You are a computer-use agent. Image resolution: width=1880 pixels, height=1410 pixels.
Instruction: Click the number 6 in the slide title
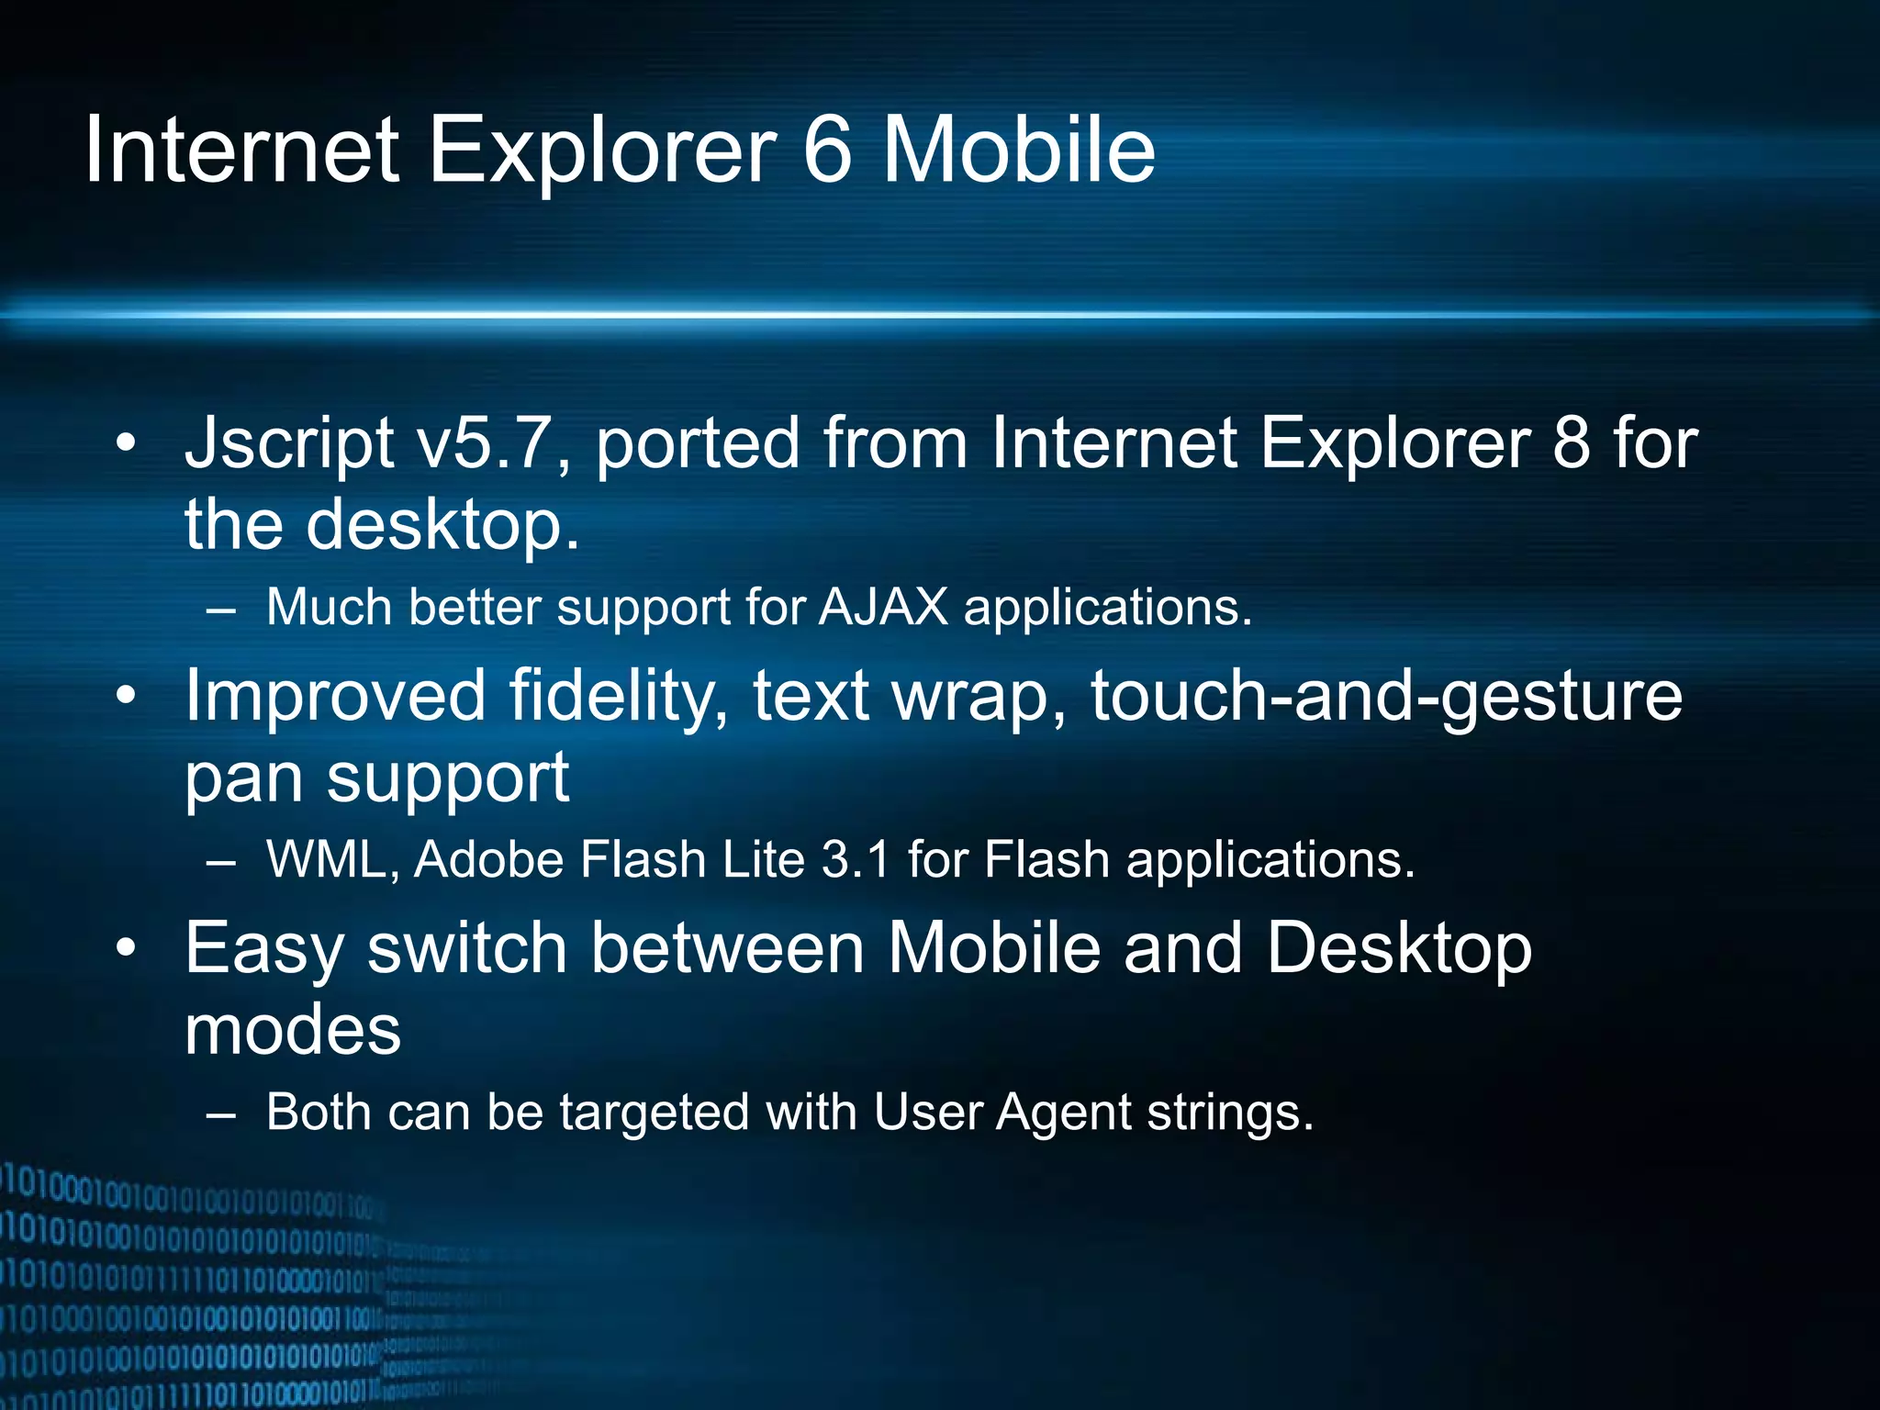point(828,150)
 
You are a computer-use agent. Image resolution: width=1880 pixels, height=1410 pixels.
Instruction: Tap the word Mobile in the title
point(1019,150)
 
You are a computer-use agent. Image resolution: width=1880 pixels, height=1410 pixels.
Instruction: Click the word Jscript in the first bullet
point(289,444)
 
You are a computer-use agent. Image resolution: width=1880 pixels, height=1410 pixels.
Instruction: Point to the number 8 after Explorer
point(1571,444)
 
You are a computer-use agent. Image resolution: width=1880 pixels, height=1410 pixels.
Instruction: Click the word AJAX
point(883,607)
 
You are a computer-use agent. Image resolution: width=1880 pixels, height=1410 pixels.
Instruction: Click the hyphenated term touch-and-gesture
point(1386,696)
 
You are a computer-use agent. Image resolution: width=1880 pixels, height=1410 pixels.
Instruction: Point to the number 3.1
point(856,859)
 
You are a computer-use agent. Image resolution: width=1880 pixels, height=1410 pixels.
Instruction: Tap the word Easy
point(264,949)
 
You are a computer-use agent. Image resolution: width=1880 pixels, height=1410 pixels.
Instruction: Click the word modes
point(293,1030)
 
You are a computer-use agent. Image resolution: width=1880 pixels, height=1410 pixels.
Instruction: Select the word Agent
point(1065,1113)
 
